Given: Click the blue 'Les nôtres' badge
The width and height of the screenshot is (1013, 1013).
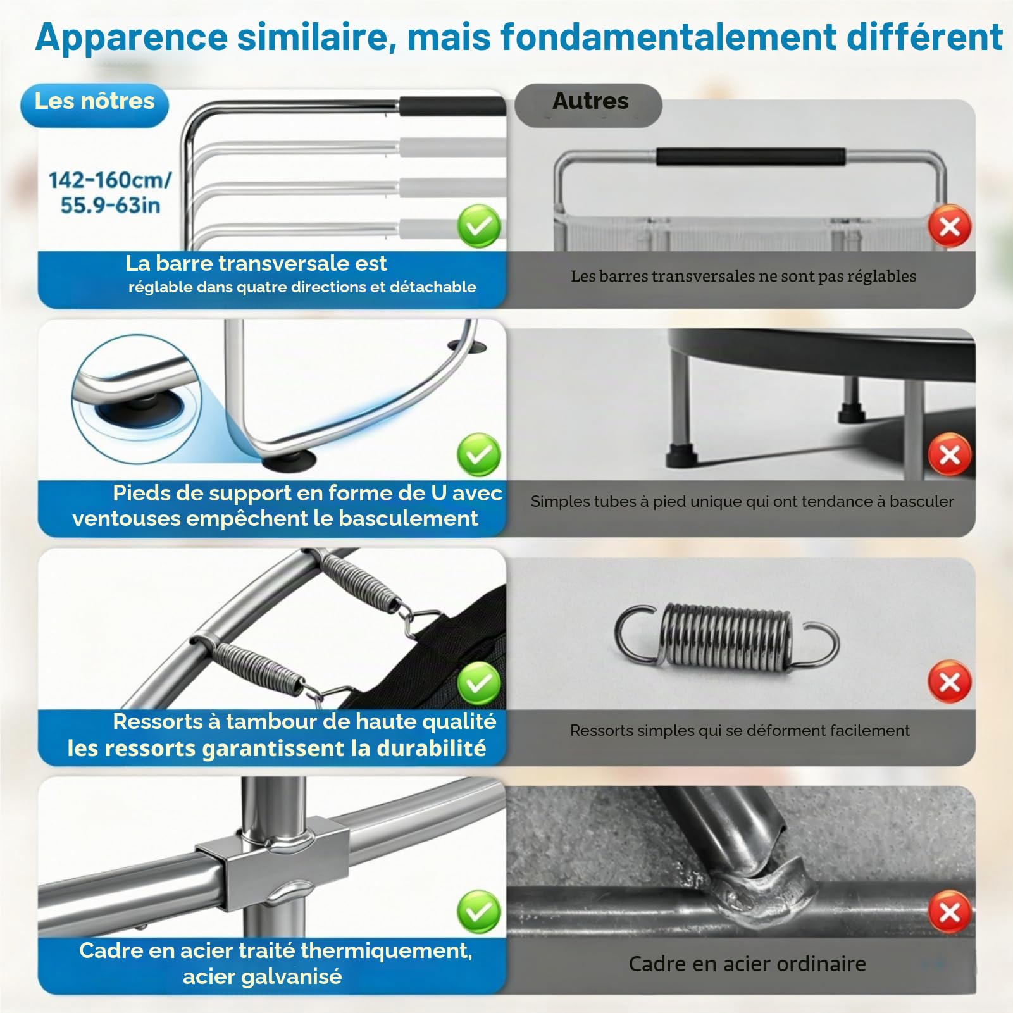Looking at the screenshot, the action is pos(95,104).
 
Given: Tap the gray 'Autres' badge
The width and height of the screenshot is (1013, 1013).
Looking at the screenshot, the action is pos(588,104).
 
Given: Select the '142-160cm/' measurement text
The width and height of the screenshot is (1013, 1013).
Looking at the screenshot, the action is pos(110,180).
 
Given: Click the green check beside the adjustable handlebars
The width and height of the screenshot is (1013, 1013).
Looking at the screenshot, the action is pos(479,227).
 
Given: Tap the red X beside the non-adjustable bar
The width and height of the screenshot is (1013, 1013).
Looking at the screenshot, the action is pos(949,226).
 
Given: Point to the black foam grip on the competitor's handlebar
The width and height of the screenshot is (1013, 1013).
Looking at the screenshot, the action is pos(750,157).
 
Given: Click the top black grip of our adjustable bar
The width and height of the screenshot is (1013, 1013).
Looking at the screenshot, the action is pos(452,106).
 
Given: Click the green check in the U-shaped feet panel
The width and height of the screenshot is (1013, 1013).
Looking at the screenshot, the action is pos(479,454).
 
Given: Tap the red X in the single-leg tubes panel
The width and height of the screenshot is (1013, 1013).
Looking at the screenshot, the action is pos(949,454).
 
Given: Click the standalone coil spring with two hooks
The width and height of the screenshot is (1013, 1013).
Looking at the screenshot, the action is pos(726,635).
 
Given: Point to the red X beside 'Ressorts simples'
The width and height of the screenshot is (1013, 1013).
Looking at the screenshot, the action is pos(949,682).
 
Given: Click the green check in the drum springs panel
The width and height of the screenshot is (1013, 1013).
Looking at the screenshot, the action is pos(479,683).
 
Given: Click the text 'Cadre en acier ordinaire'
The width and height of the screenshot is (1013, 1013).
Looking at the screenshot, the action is pos(747,964).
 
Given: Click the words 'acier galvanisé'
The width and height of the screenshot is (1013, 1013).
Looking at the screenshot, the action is pos(263,976).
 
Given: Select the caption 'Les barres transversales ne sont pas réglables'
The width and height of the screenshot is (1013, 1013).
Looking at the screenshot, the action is pos(743,277).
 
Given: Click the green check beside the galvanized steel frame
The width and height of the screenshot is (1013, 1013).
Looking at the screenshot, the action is pos(479,912).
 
